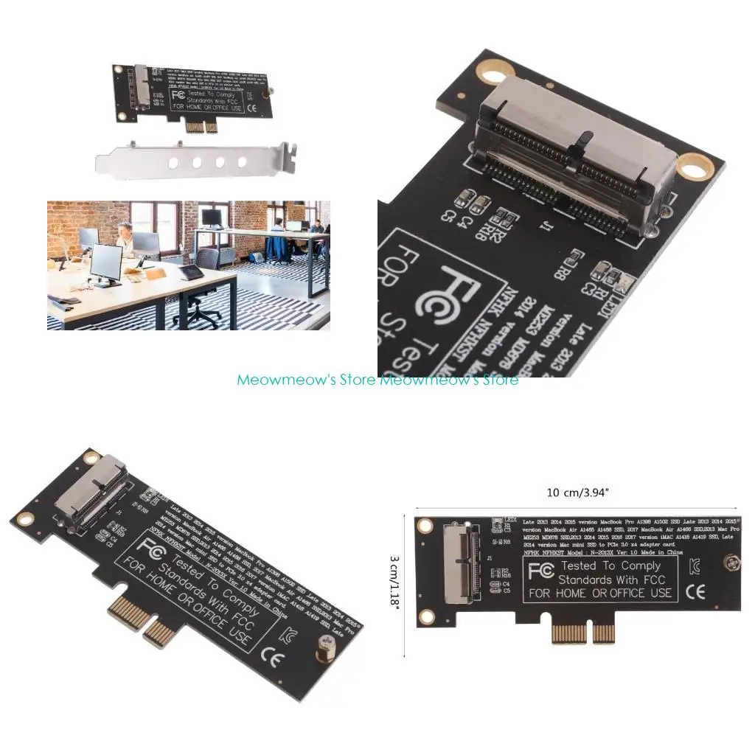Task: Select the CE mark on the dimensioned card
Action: (x=694, y=591)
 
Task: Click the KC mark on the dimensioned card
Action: (x=695, y=568)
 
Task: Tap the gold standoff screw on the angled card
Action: (x=323, y=653)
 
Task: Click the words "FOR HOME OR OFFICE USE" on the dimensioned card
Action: (x=599, y=592)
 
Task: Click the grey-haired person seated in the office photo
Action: (x=126, y=237)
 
